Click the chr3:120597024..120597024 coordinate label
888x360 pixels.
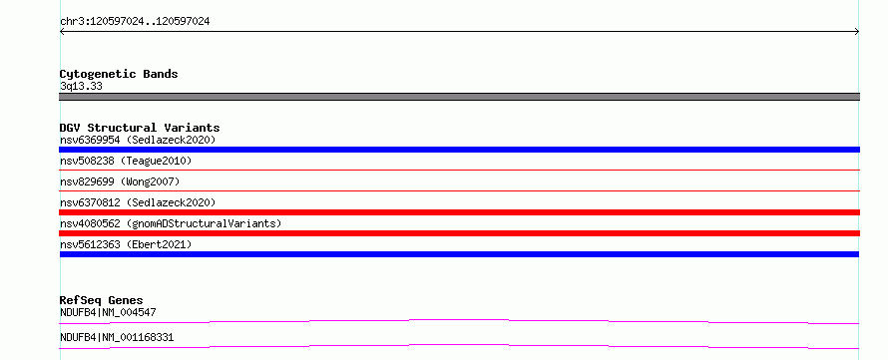[x=135, y=22]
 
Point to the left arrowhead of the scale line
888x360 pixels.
[x=62, y=32]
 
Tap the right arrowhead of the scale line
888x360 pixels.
[x=857, y=32]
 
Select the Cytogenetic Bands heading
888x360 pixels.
[x=119, y=74]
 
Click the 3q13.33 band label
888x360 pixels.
[x=81, y=87]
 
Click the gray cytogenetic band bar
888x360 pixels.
[x=459, y=97]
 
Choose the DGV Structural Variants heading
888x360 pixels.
[x=140, y=128]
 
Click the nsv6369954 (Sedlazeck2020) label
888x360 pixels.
[x=138, y=140]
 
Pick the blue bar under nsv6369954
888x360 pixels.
[x=459, y=150]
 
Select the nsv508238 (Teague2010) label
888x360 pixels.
[x=126, y=162]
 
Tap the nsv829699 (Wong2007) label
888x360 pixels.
[x=120, y=181]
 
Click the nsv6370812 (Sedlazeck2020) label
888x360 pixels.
[x=138, y=202]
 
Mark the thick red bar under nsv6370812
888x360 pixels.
[x=459, y=212]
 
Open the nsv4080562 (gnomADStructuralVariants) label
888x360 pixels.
[x=171, y=223]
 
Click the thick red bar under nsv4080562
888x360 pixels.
[x=459, y=233]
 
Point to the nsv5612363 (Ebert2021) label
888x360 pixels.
[x=126, y=244]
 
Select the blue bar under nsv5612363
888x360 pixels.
[x=459, y=254]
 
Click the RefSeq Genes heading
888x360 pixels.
[x=101, y=300]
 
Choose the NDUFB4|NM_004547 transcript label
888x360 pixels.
[x=108, y=312]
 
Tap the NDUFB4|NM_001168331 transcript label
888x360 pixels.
[x=117, y=338]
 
